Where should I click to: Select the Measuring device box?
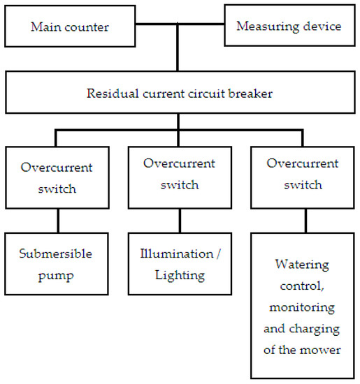tap(289, 27)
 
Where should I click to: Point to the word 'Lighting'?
tap(180, 275)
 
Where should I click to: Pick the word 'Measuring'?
tap(264, 27)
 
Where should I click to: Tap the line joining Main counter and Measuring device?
tap(179, 27)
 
